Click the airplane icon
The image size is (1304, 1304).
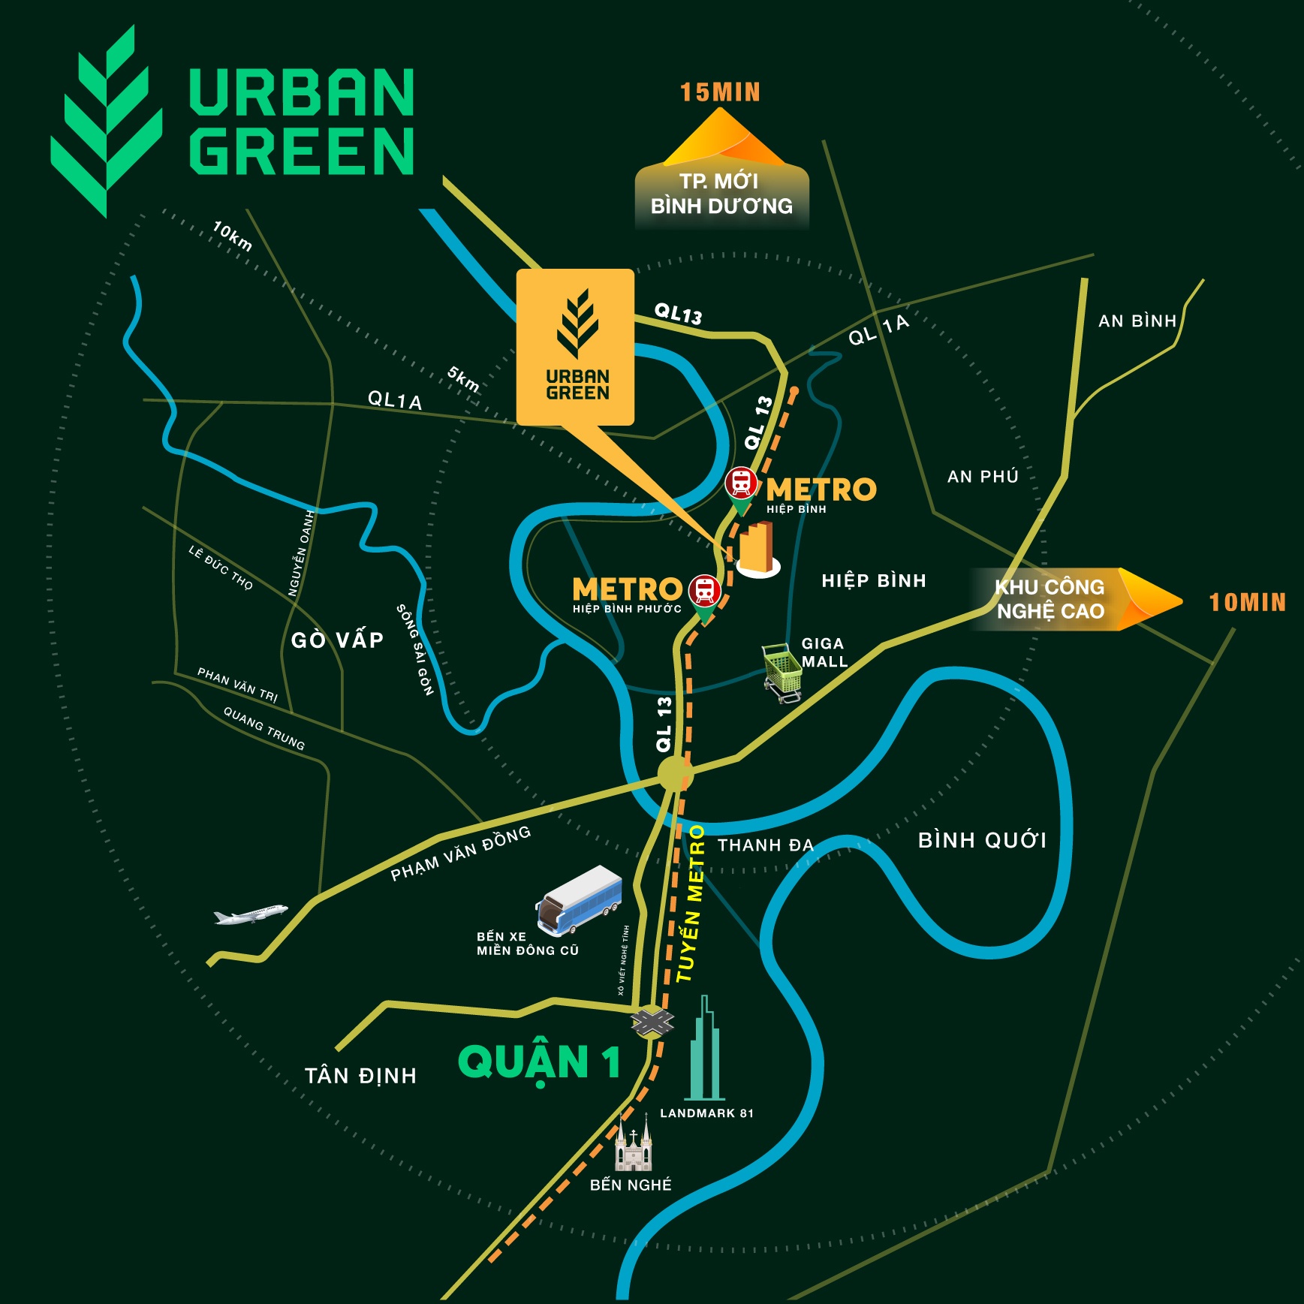pyautogui.click(x=250, y=914)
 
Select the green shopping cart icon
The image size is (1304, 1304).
pyautogui.click(x=781, y=670)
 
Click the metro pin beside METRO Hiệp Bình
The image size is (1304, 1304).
pyautogui.click(x=741, y=486)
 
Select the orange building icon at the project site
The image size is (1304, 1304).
pyautogui.click(x=757, y=550)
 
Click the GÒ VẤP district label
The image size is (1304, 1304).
pyautogui.click(x=337, y=640)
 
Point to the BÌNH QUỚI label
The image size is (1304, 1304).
pyautogui.click(x=982, y=840)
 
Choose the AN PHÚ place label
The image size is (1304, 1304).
pyautogui.click(x=983, y=477)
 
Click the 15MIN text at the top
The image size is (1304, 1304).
pyautogui.click(x=720, y=92)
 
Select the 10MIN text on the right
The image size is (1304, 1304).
pyautogui.click(x=1247, y=602)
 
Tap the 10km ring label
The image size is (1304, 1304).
pyautogui.click(x=232, y=236)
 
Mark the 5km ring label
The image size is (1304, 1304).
pyautogui.click(x=463, y=379)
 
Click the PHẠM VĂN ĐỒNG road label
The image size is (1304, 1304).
pyautogui.click(x=460, y=854)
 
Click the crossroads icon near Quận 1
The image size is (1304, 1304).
pyautogui.click(x=652, y=1021)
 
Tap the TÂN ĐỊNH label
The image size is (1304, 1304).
pyautogui.click(x=360, y=1076)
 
